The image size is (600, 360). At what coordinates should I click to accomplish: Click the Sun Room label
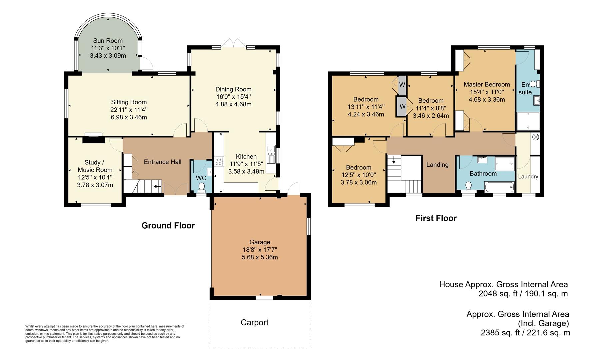coord(108,41)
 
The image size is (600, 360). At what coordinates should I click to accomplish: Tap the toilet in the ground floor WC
coord(202,188)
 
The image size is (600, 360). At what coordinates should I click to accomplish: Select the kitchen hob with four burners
coord(219,162)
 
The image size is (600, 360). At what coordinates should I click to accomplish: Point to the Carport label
coord(254,322)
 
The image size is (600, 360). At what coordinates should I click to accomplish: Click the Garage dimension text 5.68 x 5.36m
coord(260,257)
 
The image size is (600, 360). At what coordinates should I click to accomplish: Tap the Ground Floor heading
coord(168,226)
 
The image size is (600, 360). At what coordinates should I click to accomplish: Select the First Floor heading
coord(436,218)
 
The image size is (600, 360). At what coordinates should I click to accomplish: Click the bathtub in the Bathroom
coord(499,187)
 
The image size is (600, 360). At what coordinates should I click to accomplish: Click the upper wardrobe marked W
coord(402,85)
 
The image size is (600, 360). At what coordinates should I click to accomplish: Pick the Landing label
coord(437,165)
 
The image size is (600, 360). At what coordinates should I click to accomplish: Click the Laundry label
coord(528,176)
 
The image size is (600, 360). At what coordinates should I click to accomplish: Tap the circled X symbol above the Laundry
coord(535,137)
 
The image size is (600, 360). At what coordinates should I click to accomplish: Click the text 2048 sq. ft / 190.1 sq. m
coord(523,294)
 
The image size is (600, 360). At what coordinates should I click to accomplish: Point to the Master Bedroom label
coord(486,84)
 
